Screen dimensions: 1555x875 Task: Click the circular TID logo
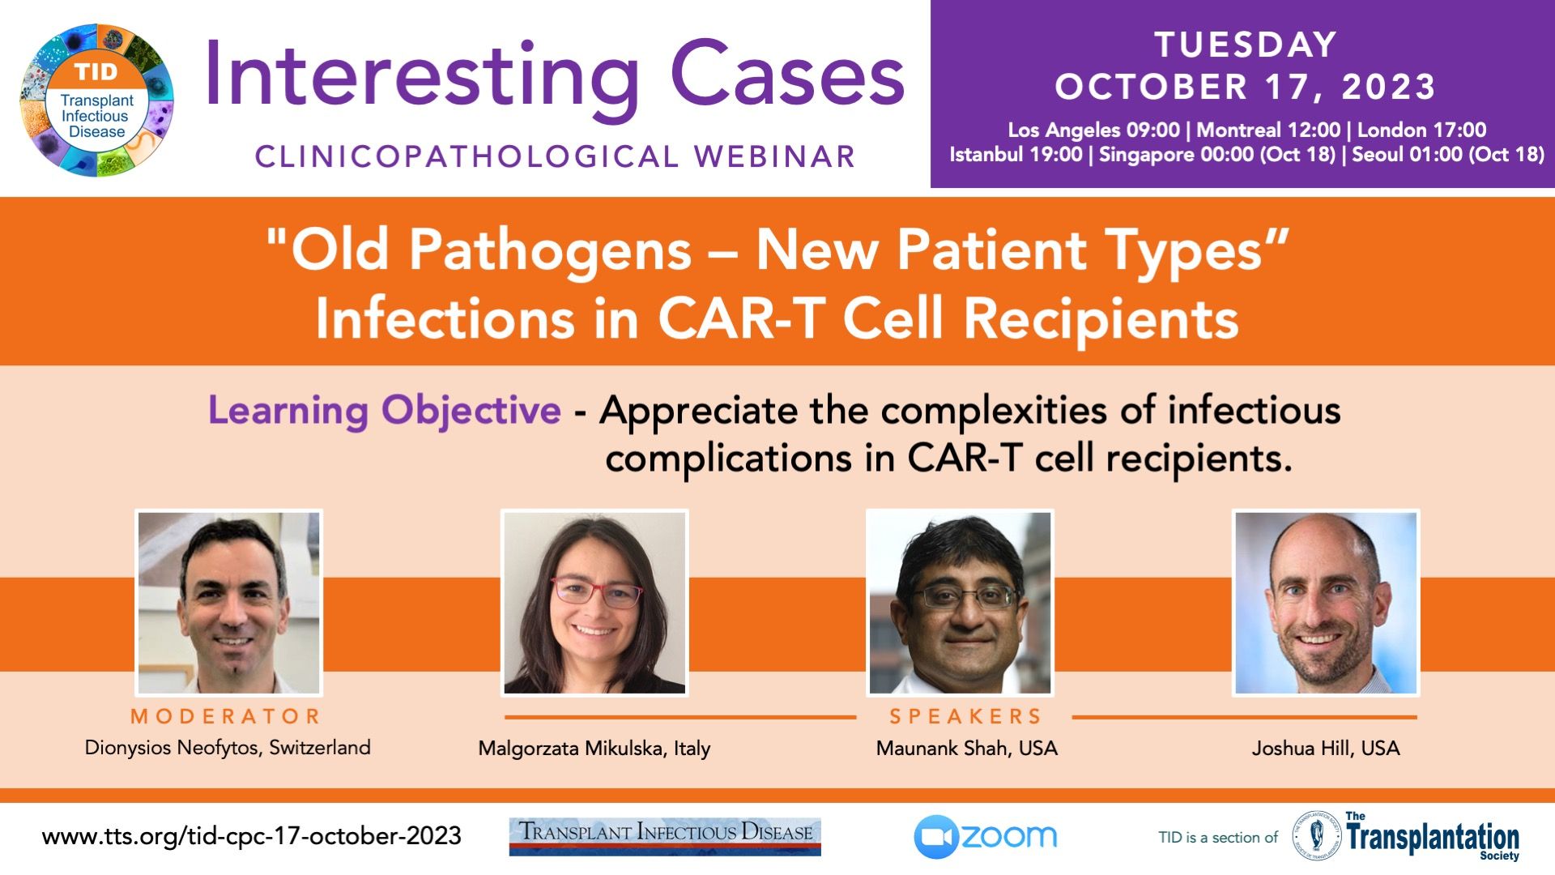[x=96, y=100]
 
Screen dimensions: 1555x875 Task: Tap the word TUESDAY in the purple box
[x=1246, y=45]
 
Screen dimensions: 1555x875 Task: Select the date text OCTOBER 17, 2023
[x=1246, y=87]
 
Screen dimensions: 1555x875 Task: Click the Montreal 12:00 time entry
[x=1268, y=130]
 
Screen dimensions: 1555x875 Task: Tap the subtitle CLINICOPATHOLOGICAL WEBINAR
[x=556, y=156]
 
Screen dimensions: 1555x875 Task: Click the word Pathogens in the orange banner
[x=550, y=251]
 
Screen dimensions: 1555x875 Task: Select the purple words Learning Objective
[x=385, y=411]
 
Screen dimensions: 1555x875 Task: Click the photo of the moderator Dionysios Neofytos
[x=229, y=603]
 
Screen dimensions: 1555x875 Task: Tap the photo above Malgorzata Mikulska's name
[x=594, y=603]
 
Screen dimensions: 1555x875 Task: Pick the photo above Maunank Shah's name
[x=961, y=603]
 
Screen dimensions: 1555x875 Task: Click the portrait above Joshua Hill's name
[x=1326, y=603]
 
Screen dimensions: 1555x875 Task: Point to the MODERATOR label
[x=226, y=716]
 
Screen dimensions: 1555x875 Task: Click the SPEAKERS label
[x=965, y=716]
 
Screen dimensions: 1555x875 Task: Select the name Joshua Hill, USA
[x=1326, y=748]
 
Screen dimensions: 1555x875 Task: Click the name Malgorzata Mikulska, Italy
[x=594, y=749]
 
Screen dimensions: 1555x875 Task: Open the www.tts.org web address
[x=252, y=836]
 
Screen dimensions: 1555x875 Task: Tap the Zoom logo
[x=986, y=837]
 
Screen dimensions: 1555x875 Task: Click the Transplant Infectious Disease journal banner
[x=665, y=836]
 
